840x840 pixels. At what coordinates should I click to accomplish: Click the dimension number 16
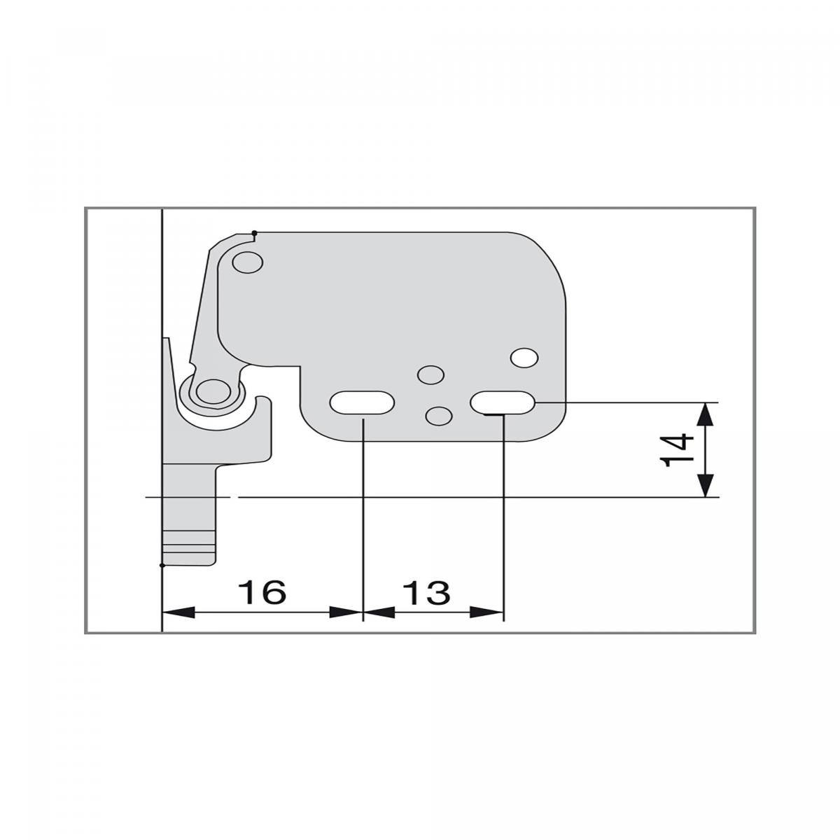point(262,592)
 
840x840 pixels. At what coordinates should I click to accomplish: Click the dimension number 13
point(426,592)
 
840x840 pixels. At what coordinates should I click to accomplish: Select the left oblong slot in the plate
point(362,402)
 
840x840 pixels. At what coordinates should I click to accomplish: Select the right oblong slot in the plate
point(502,402)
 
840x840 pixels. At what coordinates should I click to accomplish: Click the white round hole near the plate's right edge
point(525,358)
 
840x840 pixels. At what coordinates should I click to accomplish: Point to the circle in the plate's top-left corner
point(248,262)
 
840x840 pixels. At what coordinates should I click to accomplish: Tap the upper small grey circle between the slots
point(430,374)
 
